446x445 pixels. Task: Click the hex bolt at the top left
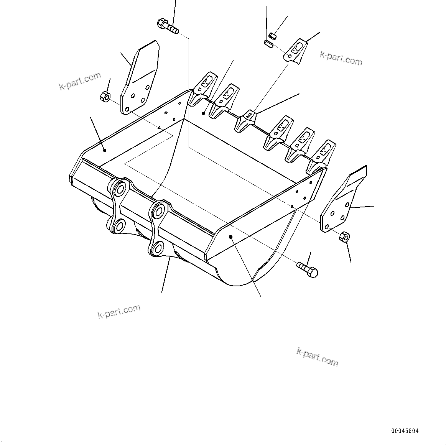tap(168, 26)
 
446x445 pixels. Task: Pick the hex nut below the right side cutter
tap(344, 236)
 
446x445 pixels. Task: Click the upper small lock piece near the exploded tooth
tap(273, 36)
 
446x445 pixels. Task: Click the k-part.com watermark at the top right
tap(341, 58)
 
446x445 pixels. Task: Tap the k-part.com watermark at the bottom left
tap(119, 312)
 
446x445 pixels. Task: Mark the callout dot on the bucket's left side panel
tap(104, 150)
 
